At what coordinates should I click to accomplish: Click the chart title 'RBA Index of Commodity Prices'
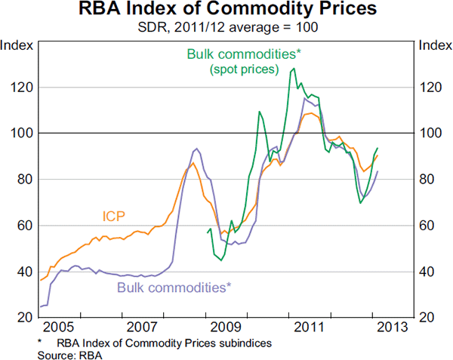pos(226,11)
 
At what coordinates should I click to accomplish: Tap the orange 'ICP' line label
pos(113,217)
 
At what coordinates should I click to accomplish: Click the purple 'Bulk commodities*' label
pos(174,287)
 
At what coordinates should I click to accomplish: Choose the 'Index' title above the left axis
pos(18,45)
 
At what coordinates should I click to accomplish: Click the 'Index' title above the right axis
pos(433,45)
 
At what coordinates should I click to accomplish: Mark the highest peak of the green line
pos(292,68)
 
